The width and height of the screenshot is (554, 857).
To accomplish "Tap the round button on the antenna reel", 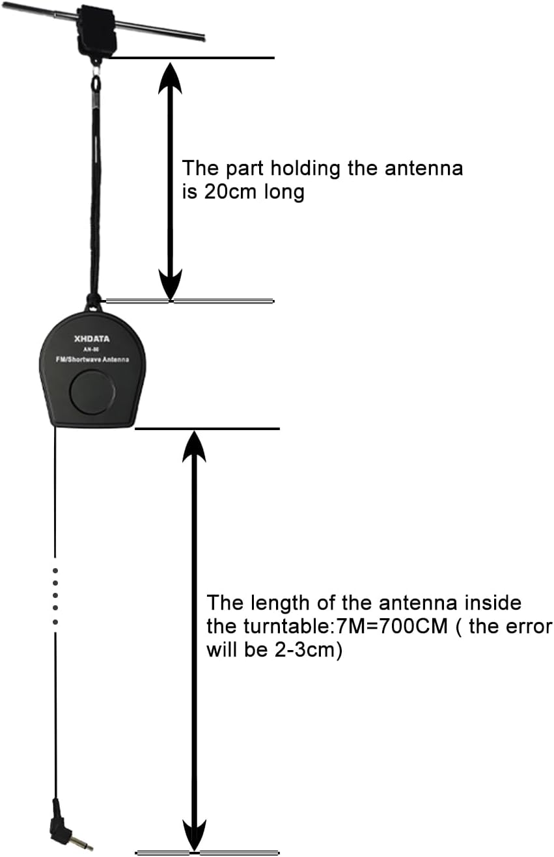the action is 92,392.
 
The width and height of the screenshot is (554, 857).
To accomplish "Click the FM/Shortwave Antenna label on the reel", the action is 92,360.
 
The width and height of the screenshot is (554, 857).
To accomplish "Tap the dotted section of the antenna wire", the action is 55,595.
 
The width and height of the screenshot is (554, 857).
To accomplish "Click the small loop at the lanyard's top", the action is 96,83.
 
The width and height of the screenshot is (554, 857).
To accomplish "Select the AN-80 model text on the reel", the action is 92,349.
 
